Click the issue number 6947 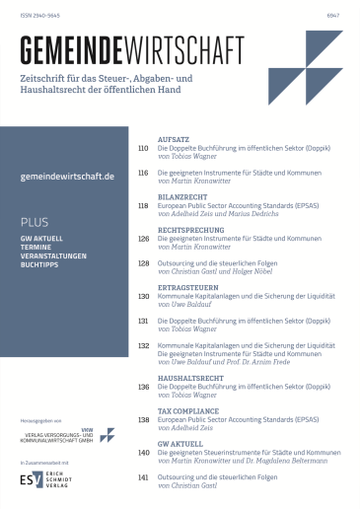[x=333, y=15]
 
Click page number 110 [x=143, y=150]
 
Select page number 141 [x=143, y=476]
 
